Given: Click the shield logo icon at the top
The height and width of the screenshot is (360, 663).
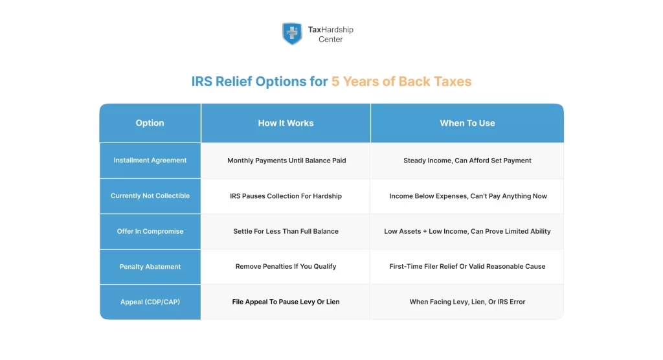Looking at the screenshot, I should tap(292, 34).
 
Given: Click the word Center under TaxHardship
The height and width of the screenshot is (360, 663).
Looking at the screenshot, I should tap(330, 39).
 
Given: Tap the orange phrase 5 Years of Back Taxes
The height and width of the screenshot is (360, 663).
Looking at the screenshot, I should tap(401, 82).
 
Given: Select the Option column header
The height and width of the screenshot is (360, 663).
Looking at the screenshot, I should tap(150, 123).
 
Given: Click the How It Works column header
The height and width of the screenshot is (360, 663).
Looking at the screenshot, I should tap(286, 123).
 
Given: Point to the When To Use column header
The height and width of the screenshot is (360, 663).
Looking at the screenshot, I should tap(467, 123).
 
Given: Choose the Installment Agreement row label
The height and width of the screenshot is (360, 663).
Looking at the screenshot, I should tap(150, 161).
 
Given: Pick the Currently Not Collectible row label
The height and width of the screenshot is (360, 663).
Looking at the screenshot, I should tap(150, 196).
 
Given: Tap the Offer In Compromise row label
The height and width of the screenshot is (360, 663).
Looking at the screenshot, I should tap(150, 231).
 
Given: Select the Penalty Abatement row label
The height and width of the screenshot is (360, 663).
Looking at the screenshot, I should tap(150, 267).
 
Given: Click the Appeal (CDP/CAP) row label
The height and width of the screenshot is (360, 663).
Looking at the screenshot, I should tap(150, 302).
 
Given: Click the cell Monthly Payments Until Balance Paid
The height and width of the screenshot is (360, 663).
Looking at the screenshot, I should tap(286, 161).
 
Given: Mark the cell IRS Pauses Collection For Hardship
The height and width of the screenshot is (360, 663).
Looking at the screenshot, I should tap(286, 196).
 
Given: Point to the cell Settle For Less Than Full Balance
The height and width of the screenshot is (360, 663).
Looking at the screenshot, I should tap(286, 231).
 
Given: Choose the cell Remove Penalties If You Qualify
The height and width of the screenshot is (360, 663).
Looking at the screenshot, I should tap(286, 267).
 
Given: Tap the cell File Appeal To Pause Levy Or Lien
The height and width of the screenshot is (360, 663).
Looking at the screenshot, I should tap(286, 302).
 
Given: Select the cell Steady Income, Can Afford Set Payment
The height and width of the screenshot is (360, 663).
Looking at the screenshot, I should tap(467, 161).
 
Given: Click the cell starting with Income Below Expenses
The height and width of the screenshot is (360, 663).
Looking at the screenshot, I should tap(467, 196).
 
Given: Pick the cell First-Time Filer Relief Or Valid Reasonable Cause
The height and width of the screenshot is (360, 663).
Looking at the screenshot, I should tap(467, 267).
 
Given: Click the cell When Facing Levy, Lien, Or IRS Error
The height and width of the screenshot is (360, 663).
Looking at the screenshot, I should tap(467, 302).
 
